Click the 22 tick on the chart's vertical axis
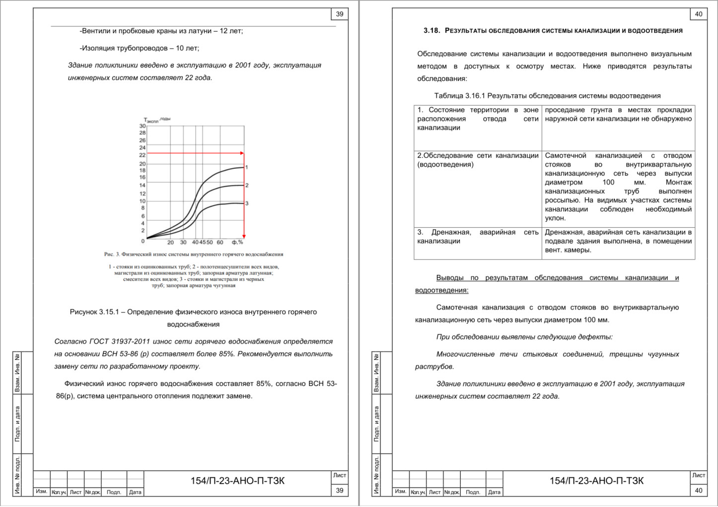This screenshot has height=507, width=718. (x=143, y=155)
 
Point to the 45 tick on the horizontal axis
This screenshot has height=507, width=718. (x=203, y=242)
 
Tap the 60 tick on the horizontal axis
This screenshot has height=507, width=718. (x=220, y=242)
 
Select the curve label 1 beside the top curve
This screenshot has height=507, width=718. (x=247, y=167)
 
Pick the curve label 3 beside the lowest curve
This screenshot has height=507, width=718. (x=247, y=203)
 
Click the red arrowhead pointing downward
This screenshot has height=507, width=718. (x=244, y=236)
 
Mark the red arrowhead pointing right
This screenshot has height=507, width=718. (x=242, y=153)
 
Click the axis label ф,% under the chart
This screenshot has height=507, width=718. (x=237, y=242)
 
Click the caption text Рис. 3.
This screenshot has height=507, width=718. (x=112, y=254)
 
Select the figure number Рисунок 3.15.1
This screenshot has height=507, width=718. (x=97, y=312)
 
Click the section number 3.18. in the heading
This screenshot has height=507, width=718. (x=431, y=31)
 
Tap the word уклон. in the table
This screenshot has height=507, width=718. (x=555, y=218)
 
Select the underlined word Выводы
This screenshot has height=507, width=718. (x=450, y=278)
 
